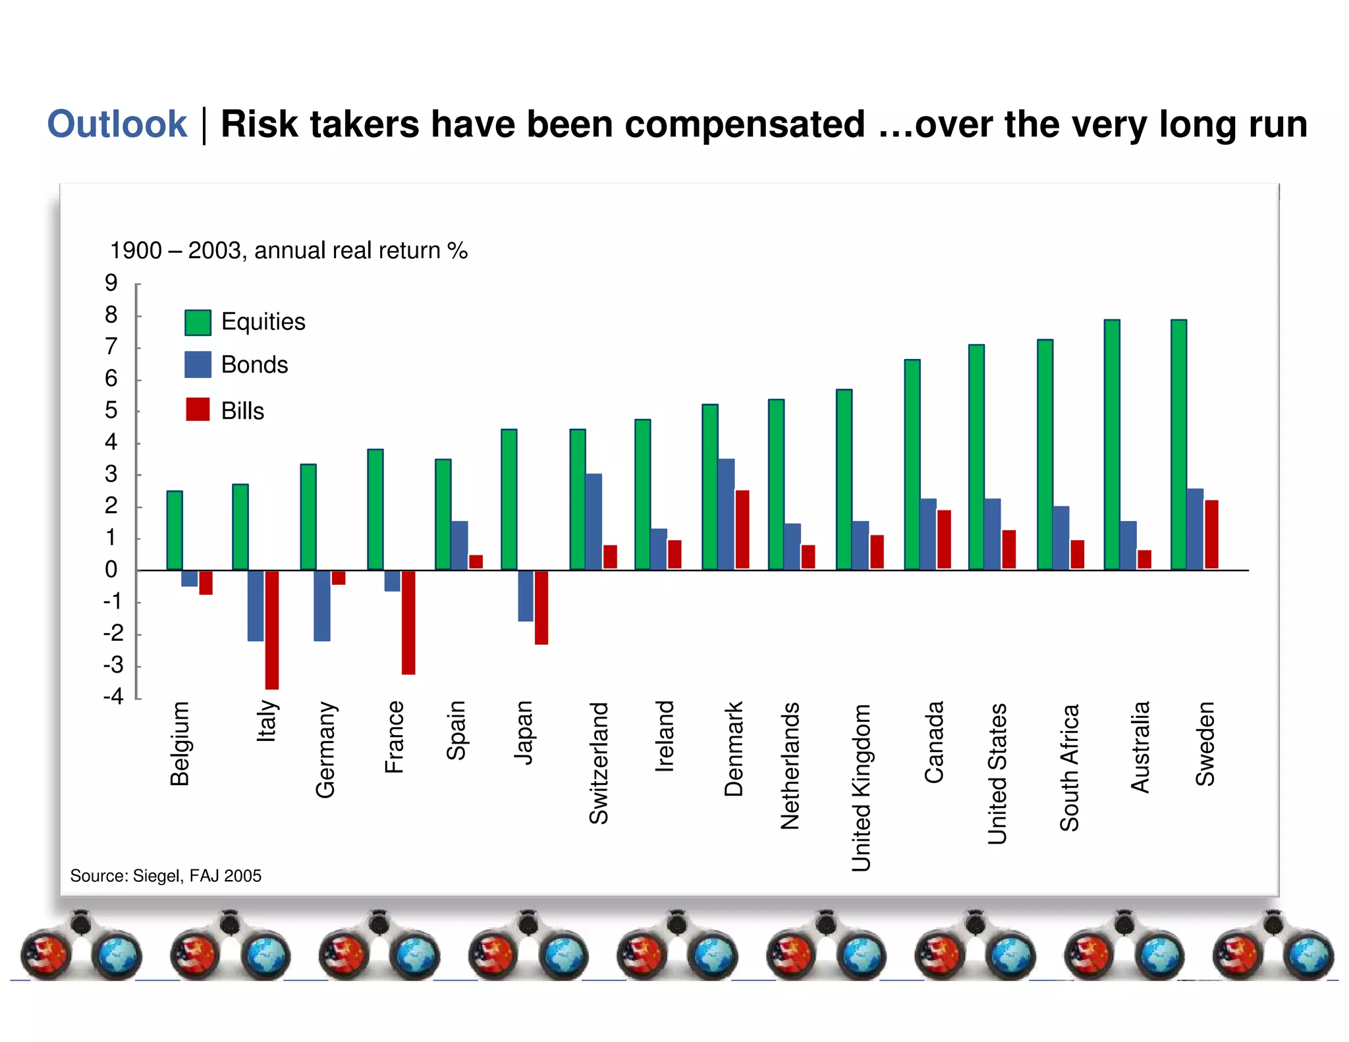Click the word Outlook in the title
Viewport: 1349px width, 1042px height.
[x=117, y=124]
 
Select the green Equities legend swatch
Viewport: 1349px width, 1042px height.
[x=198, y=322]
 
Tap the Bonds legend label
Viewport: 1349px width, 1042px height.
[x=254, y=365]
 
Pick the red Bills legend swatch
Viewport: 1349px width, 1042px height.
[x=198, y=410]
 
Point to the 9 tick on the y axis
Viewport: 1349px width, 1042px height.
[x=111, y=283]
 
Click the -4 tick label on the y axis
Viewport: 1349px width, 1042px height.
[x=113, y=697]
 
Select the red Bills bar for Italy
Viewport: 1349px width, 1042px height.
[x=272, y=629]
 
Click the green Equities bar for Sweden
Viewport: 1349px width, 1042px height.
[x=1178, y=445]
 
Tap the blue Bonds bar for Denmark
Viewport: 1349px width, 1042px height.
[x=726, y=514]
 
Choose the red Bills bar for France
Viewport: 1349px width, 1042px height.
[x=408, y=622]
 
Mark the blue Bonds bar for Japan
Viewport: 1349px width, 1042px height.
[x=526, y=595]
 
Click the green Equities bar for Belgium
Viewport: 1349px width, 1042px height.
[x=175, y=530]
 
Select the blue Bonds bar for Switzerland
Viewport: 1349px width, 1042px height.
[x=593, y=521]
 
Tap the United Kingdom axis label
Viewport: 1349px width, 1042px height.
[x=861, y=788]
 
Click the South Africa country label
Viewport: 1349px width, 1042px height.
[x=1069, y=767]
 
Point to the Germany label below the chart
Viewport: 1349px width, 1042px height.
[x=325, y=750]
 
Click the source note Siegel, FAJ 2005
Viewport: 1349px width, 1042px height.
[x=166, y=876]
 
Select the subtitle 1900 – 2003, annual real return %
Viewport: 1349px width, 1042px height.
[x=289, y=251]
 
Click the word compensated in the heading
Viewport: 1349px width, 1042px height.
[x=744, y=124]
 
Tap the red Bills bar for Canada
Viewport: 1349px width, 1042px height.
[x=944, y=539]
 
